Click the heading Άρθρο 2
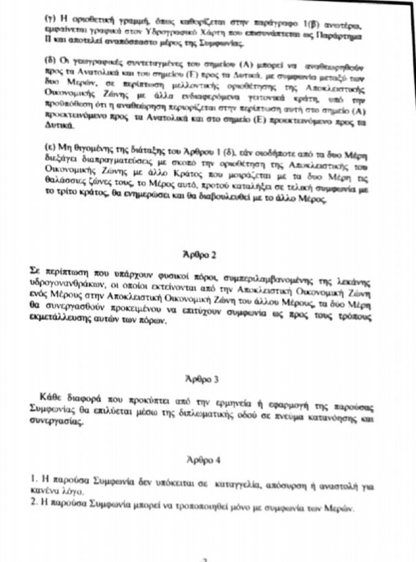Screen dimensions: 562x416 tap(199, 255)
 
